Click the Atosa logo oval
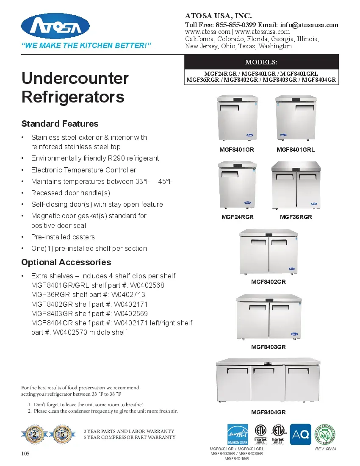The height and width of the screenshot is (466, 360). click(x=55, y=26)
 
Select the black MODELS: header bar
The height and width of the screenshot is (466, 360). click(x=261, y=62)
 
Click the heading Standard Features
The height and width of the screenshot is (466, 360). click(x=60, y=124)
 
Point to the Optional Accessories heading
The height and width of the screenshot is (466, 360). click(x=66, y=262)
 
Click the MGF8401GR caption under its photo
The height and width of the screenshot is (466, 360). click(x=236, y=150)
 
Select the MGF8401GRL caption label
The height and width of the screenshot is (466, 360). click(x=295, y=150)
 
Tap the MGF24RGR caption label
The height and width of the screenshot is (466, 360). click(x=237, y=217)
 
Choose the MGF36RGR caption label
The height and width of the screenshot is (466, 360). click(x=296, y=217)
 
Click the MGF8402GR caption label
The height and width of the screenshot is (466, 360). click(x=268, y=282)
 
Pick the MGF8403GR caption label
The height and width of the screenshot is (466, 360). click(x=268, y=347)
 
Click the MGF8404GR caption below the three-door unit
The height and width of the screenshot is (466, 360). click(x=268, y=412)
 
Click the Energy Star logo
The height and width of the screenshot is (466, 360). click(x=238, y=434)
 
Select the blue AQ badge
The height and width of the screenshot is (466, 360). click(x=300, y=434)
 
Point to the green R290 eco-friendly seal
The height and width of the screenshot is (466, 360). click(x=326, y=434)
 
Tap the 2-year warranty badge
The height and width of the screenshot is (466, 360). click(x=34, y=434)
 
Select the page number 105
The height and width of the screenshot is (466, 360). click(x=25, y=454)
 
